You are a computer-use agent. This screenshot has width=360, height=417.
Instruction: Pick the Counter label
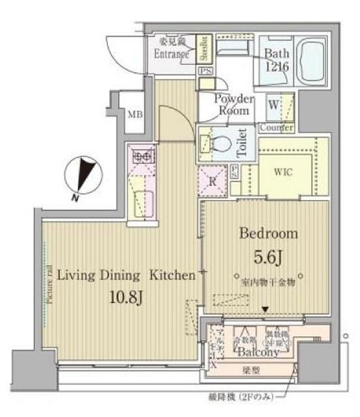[x=276, y=128]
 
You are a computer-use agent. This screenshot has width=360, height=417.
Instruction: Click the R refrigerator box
[x=212, y=182]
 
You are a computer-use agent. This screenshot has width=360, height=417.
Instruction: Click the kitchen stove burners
[x=142, y=156]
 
